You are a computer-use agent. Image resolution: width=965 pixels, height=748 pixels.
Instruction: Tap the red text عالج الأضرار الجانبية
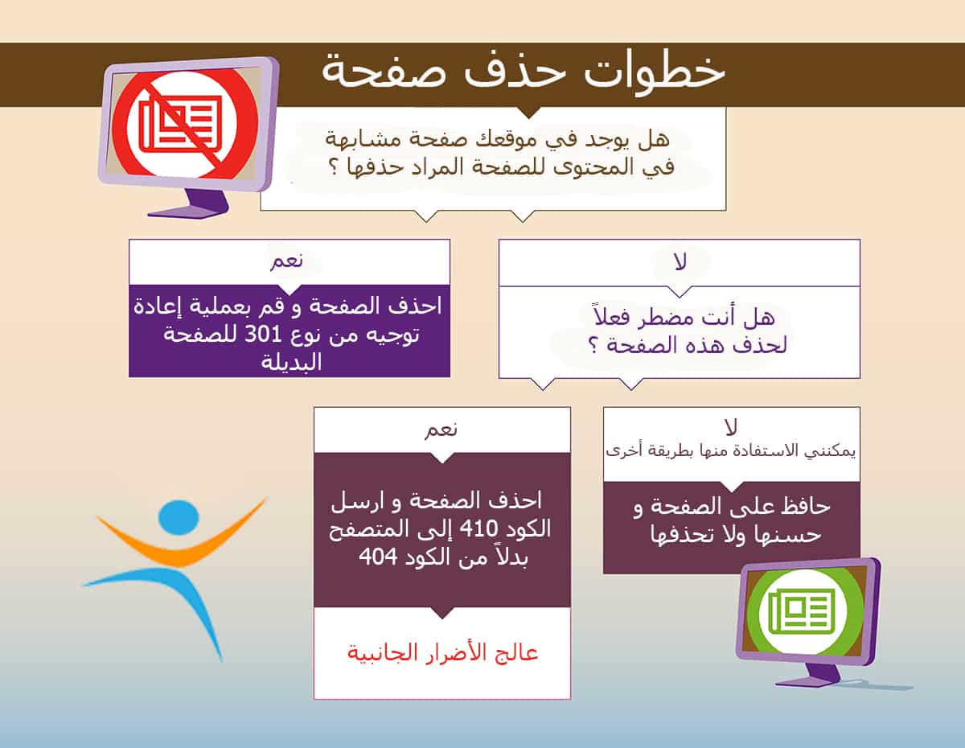click(x=442, y=653)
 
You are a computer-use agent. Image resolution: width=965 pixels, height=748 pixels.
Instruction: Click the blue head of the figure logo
click(x=179, y=517)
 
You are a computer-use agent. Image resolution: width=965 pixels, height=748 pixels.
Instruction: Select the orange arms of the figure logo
click(x=180, y=540)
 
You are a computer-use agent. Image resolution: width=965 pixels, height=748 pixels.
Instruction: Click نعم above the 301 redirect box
click(x=287, y=261)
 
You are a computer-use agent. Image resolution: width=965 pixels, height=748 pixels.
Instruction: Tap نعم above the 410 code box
click(x=441, y=429)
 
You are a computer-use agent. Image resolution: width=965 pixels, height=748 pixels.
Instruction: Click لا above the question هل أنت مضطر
click(x=680, y=261)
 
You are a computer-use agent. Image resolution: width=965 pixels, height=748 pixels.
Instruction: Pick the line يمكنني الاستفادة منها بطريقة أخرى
click(x=731, y=451)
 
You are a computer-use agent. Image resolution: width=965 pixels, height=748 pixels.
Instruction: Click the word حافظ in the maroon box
click(x=805, y=507)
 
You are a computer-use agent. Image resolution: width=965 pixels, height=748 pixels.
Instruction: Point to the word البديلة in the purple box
click(x=291, y=362)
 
